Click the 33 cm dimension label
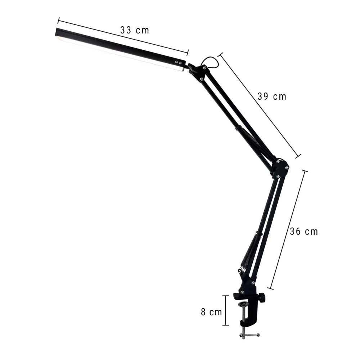click(x=135, y=30)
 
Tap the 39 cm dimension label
click(x=272, y=96)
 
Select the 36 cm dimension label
click(x=304, y=231)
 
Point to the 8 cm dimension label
click(x=211, y=312)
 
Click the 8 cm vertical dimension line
click(x=226, y=310)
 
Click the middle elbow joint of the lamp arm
click(x=280, y=167)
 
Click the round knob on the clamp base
click(x=262, y=297)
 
